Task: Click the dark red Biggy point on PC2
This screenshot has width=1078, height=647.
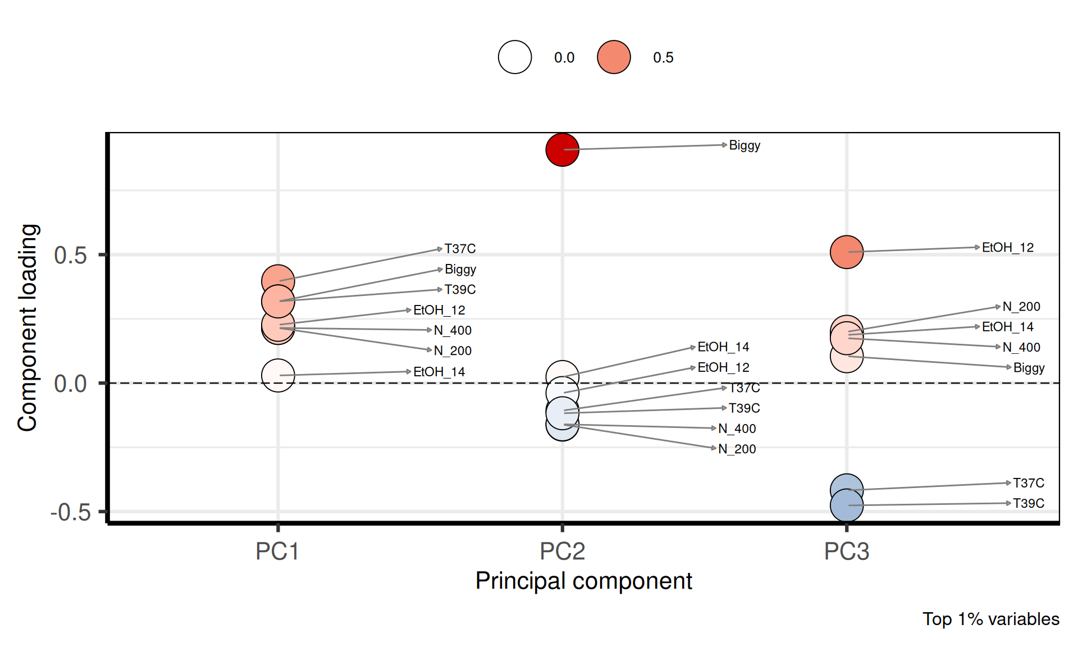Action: tap(562, 150)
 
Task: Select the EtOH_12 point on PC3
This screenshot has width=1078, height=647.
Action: tap(846, 252)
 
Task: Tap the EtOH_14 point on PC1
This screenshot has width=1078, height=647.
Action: tap(278, 375)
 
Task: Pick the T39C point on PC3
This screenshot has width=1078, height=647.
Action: tap(846, 505)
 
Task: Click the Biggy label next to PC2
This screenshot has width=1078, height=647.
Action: tap(744, 145)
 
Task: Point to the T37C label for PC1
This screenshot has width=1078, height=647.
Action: tap(460, 249)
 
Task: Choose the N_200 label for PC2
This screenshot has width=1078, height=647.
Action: tap(737, 449)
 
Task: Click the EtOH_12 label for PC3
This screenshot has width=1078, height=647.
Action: tap(1008, 248)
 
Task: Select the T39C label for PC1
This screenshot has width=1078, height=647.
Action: tap(460, 290)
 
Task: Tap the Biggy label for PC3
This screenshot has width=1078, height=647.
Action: tap(1029, 368)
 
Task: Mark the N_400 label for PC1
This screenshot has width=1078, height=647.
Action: tap(453, 331)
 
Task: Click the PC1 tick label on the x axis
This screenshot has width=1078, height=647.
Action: tap(277, 552)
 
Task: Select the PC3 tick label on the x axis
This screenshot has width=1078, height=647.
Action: tap(846, 552)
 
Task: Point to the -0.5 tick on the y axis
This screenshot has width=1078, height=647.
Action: tap(71, 512)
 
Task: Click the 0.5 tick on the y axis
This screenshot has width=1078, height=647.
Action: tap(71, 256)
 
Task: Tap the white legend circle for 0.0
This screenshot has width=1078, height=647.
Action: tap(515, 57)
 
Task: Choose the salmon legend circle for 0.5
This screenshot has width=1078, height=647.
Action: tap(614, 57)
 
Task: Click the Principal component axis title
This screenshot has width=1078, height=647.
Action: tap(583, 581)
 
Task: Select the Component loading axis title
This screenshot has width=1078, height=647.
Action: tap(28, 327)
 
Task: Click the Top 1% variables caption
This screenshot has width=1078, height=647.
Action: tap(991, 619)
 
